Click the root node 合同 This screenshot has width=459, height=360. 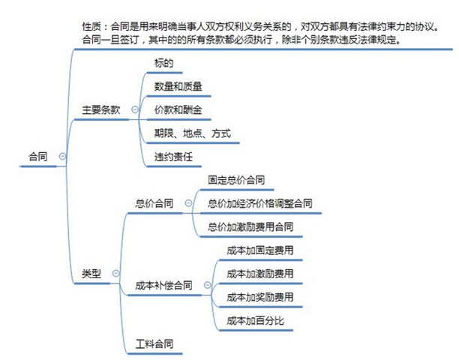pyautogui.click(x=38, y=157)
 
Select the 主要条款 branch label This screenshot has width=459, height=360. pyautogui.click(x=101, y=110)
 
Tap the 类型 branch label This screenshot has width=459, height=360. pyautogui.click(x=91, y=274)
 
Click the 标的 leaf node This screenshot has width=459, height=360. pyautogui.click(x=164, y=63)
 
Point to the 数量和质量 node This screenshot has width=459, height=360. pyautogui.click(x=178, y=87)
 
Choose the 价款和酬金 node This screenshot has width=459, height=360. pyautogui.click(x=178, y=110)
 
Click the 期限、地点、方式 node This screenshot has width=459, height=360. pyautogui.click(x=193, y=133)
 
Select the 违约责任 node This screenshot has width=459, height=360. pyautogui.click(x=173, y=157)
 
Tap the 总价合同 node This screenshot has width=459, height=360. pyautogui.click(x=154, y=203)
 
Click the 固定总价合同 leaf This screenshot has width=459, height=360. pyautogui.click(x=236, y=180)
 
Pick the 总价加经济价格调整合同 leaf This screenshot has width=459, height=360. pyautogui.click(x=260, y=203)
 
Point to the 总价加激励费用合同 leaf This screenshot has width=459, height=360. pyautogui.click(x=250, y=226)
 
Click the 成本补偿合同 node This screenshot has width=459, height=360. pyautogui.click(x=163, y=285)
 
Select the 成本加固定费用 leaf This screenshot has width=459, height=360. pyautogui.click(x=260, y=250)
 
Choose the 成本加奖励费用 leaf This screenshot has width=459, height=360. pyautogui.click(x=260, y=297)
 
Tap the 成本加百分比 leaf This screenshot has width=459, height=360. pyautogui.click(x=255, y=321)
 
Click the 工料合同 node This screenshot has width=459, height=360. pyautogui.click(x=154, y=344)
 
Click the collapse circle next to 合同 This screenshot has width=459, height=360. pyautogui.click(x=62, y=156)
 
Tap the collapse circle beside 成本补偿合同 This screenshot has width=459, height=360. pyautogui.click(x=207, y=285)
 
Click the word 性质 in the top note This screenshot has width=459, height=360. pyautogui.click(x=91, y=27)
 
